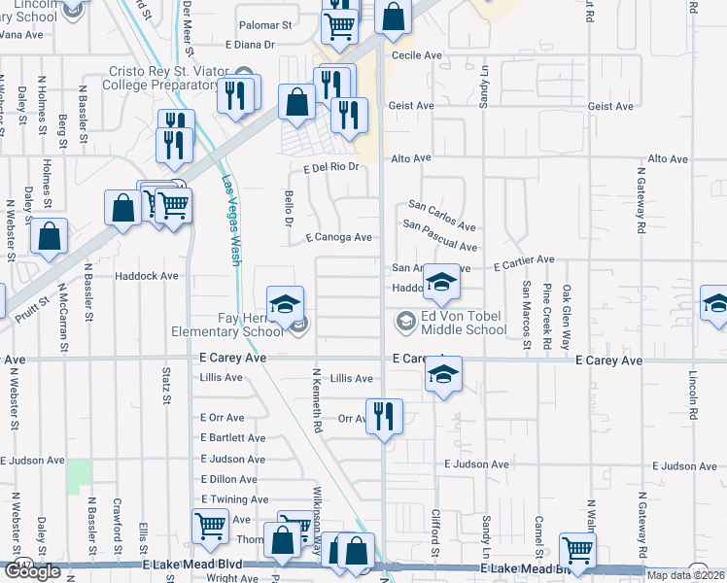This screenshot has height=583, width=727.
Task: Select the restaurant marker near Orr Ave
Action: pos(384,417)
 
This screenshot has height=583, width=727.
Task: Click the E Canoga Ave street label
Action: pos(339,237)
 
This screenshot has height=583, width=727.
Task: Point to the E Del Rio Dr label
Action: pos(331,167)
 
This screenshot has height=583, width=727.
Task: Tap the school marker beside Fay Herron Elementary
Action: pos(286,304)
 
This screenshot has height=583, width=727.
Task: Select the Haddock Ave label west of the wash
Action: pos(147,276)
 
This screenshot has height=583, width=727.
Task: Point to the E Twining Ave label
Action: pos(234,498)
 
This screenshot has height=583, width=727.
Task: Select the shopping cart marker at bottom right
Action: pos(577,549)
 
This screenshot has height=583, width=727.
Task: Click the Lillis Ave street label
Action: pos(351,379)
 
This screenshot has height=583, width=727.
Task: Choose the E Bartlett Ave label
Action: pos(232,438)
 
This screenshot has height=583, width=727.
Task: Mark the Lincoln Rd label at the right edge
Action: pos(693,389)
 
